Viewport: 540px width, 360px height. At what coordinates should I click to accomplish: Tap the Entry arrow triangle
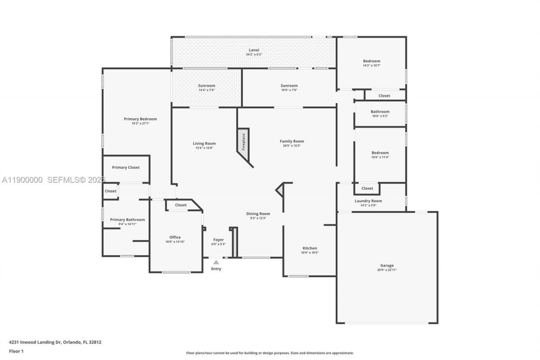point(216,262)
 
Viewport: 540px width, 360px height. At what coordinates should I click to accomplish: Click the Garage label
point(386,265)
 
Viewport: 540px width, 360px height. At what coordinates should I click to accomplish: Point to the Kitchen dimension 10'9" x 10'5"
point(310,253)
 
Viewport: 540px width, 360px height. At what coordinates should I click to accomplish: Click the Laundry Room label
point(368,201)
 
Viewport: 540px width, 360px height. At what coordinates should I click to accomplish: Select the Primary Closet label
point(126,168)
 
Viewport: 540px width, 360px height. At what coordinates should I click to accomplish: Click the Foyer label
point(218,240)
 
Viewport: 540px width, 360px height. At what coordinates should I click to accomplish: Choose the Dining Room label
point(258,214)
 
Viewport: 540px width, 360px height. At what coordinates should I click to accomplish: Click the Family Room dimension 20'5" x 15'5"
point(292,146)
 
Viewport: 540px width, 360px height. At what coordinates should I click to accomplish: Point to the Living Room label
point(204,143)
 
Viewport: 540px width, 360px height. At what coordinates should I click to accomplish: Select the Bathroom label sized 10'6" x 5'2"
point(380,112)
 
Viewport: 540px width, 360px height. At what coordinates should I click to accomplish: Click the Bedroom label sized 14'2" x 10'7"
point(371,61)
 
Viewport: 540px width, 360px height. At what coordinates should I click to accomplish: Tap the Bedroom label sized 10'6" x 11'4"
point(380,153)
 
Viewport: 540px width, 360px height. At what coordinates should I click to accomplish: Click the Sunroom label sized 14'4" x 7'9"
point(207,86)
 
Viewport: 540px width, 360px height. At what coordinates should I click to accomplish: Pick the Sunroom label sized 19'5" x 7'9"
point(289,86)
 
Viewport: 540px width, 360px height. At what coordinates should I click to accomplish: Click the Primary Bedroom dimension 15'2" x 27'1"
point(140,124)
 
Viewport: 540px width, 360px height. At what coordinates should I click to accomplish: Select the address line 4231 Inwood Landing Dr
point(55,342)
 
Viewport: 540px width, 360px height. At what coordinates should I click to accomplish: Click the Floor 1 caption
point(16,351)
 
